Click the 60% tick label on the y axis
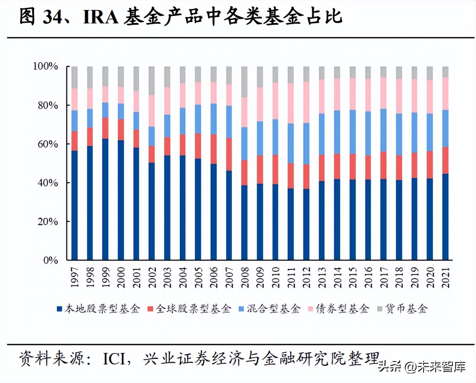click(48, 144)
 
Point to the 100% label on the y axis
click(45, 66)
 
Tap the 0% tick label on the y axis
click(50, 260)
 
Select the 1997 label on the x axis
click(75, 278)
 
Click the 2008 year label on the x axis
click(245, 278)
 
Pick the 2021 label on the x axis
click(445, 278)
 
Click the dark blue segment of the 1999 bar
click(106, 199)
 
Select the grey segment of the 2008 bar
click(244, 82)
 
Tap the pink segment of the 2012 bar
click(306, 103)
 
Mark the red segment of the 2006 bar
click(213, 149)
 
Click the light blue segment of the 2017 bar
click(383, 130)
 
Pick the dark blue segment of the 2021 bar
click(445, 217)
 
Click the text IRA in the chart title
click(101, 17)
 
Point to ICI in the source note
click(114, 359)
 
